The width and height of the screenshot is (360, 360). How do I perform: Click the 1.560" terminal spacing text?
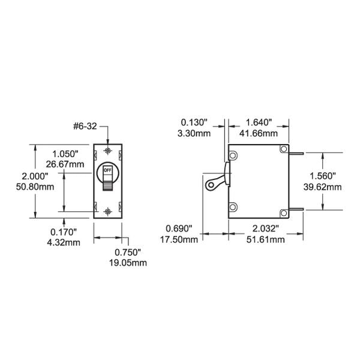323,176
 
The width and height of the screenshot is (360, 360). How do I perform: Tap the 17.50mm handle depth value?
181,240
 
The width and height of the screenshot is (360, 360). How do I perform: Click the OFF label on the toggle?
108,170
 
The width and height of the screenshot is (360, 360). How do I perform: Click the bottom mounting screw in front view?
108,211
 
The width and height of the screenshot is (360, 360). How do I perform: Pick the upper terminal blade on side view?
296,152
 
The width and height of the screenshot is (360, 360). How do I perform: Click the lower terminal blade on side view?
296,210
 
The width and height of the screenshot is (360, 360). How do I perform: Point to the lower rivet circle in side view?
234,208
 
